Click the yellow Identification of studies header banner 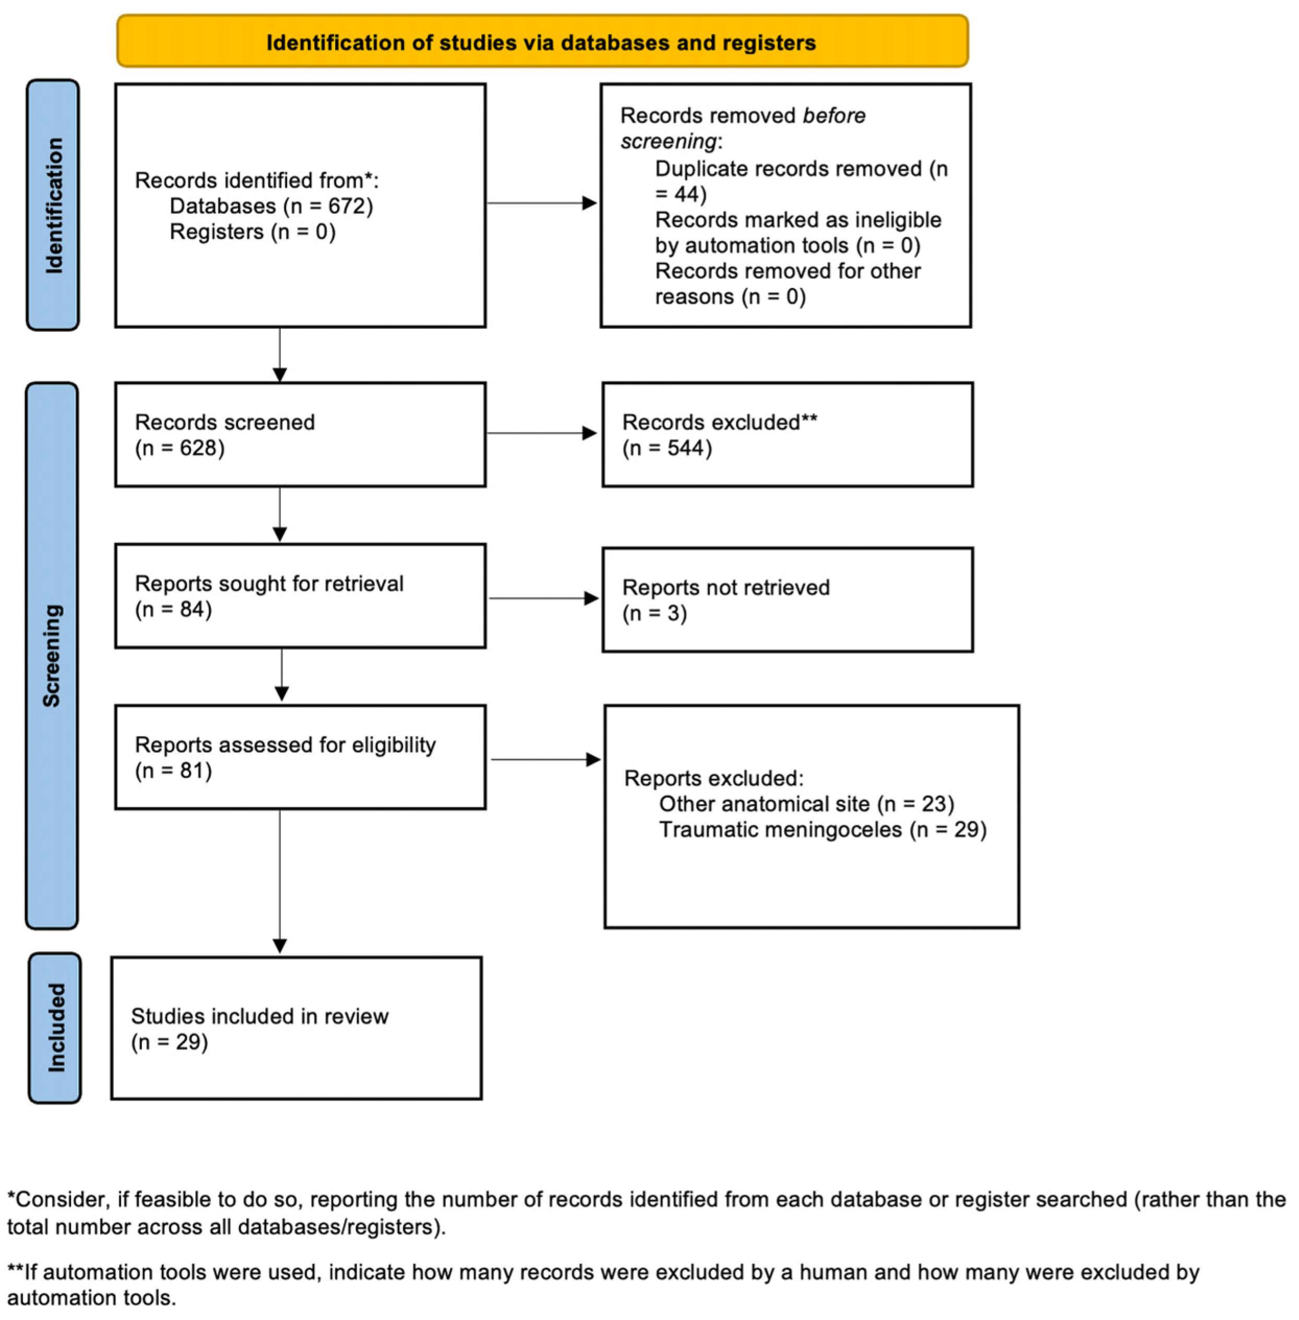tap(542, 42)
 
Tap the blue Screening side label tap(52, 655)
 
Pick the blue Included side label tap(55, 1027)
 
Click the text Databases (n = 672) tap(271, 206)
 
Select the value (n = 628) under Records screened tap(180, 448)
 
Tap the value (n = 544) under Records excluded tap(666, 448)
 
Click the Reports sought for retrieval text tap(269, 583)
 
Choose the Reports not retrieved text tap(725, 587)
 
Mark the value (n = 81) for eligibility tap(173, 771)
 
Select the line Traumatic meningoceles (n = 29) tap(822, 830)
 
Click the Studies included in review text tap(259, 1016)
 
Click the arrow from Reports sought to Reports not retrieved tap(543, 598)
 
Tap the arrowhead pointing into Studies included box tap(280, 945)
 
